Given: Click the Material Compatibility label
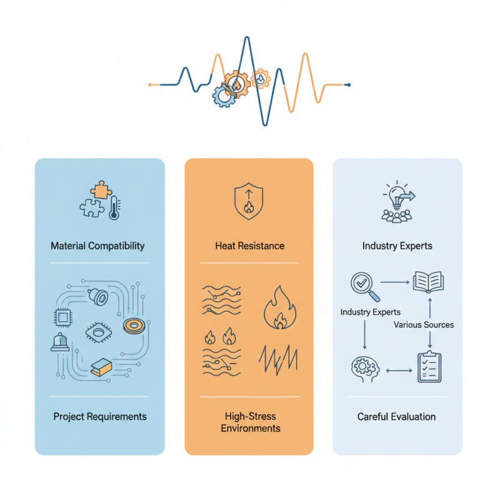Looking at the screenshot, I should point(97,245).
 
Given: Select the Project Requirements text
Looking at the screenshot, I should point(100,416).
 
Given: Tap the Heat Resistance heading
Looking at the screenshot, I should point(249,245).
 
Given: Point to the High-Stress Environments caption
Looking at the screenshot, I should point(249,422).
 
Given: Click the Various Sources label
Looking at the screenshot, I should point(424,324).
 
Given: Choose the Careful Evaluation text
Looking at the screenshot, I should point(397,416).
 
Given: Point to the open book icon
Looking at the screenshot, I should point(428,282).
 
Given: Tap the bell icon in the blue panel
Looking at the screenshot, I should point(60,341).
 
